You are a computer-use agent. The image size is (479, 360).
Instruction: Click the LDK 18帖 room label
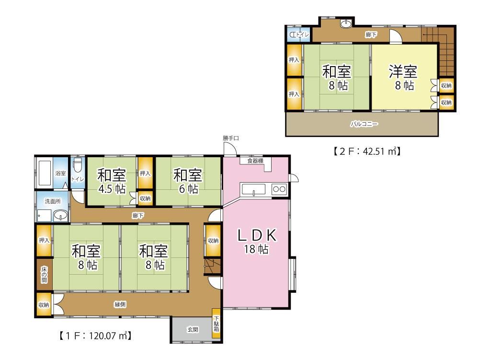257,241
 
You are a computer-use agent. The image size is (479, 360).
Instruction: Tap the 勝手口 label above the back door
231,138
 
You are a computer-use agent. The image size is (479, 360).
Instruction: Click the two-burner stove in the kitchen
279,189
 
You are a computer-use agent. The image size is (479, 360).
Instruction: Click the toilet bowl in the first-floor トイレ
78,165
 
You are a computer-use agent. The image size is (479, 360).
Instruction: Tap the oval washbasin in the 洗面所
61,215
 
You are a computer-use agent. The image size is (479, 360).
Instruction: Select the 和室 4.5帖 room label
112,181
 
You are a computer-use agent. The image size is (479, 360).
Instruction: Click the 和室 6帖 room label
188,181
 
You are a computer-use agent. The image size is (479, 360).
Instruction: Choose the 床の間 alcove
44,274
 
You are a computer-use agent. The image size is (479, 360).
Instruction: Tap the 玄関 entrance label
193,329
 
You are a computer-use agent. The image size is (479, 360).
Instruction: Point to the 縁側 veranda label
120,304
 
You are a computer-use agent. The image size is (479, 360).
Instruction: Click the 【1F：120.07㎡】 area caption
95,336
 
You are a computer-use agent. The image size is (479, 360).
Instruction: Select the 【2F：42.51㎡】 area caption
366,151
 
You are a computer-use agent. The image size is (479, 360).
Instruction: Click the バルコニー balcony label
364,124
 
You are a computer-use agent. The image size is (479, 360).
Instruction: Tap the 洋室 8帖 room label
403,78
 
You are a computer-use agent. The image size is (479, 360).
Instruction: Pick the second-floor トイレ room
299,35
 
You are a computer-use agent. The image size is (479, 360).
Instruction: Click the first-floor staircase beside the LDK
212,267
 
